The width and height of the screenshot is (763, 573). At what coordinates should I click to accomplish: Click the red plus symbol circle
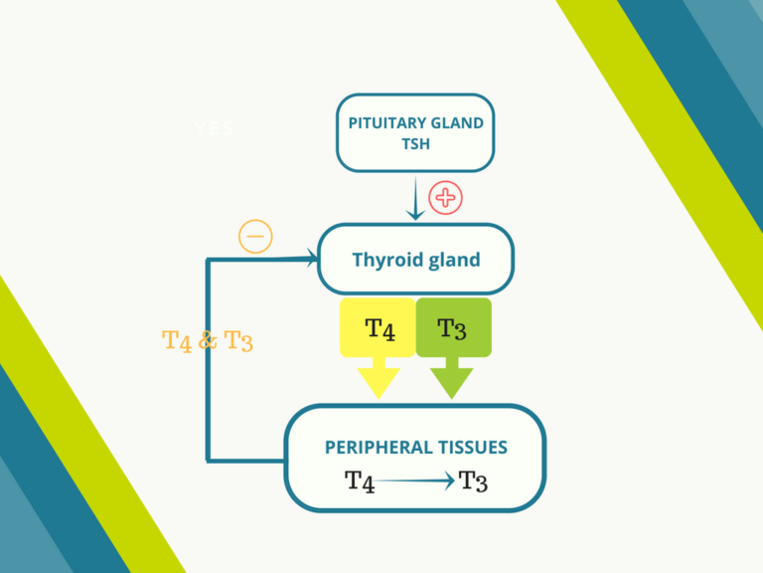[445, 197]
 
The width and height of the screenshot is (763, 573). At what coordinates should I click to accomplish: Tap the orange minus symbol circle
[255, 237]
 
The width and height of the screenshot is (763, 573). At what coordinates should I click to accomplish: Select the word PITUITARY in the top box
[381, 123]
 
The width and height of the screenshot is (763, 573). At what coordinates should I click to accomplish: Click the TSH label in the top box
[414, 144]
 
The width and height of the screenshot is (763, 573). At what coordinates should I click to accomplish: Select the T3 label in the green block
[452, 328]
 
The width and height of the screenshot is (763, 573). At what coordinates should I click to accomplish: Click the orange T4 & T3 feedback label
[207, 340]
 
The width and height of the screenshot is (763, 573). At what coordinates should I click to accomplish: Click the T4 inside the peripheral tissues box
[360, 481]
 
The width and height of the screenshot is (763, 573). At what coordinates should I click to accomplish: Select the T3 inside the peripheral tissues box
[474, 481]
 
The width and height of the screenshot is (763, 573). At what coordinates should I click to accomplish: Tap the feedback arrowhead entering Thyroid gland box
[310, 260]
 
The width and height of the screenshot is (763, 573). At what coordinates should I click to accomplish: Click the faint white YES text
[214, 128]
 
